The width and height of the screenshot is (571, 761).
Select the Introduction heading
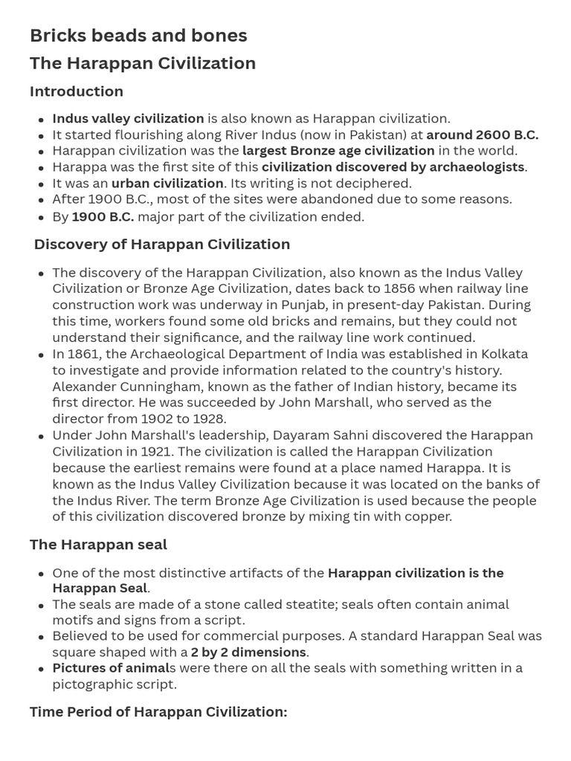tap(77, 91)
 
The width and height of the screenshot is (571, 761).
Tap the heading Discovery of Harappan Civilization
tap(162, 245)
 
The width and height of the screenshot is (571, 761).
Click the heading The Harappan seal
tap(98, 545)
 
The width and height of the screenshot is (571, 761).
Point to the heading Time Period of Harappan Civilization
tap(158, 712)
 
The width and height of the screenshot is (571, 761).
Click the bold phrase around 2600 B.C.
tap(483, 135)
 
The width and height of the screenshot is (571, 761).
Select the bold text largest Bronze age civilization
tap(338, 151)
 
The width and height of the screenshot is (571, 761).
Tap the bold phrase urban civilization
tap(167, 184)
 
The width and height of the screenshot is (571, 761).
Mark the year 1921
tap(172, 452)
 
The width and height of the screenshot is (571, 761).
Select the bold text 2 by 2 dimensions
tap(248, 652)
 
